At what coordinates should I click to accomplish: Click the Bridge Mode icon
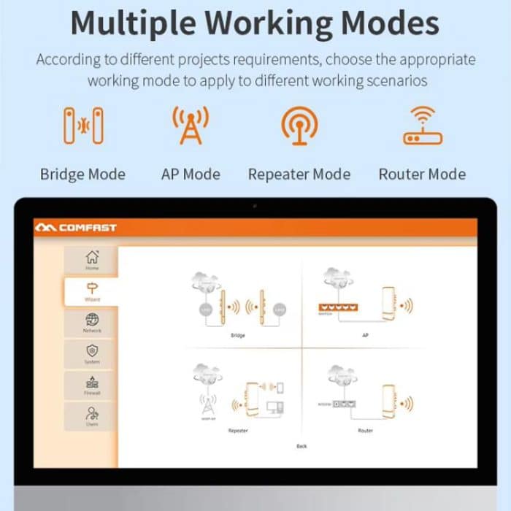click(82, 126)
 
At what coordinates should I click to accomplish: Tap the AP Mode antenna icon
click(191, 125)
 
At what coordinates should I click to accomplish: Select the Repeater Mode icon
click(299, 125)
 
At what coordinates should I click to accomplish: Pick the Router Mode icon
click(423, 125)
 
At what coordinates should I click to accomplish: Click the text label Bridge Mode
click(82, 174)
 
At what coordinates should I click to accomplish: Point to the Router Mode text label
click(422, 174)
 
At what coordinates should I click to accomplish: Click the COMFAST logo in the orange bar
click(76, 228)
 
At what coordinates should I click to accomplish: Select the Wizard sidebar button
click(92, 292)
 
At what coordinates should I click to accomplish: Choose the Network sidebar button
click(92, 323)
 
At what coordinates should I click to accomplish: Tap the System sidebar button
click(92, 355)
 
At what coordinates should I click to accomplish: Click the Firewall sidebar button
click(92, 386)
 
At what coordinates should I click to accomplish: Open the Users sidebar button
click(92, 417)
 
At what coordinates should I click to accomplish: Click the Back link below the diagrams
click(301, 446)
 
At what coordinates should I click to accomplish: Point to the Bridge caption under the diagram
click(237, 336)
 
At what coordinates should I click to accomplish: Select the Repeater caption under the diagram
click(238, 431)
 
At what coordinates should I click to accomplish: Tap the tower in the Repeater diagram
click(208, 403)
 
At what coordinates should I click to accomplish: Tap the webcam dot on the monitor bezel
click(255, 206)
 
